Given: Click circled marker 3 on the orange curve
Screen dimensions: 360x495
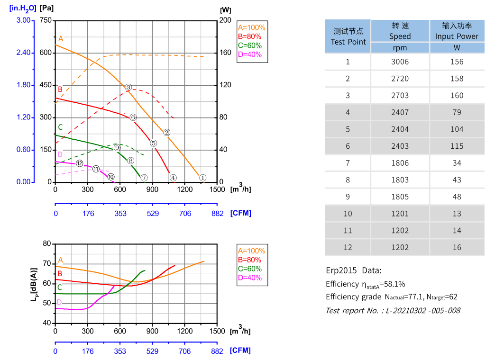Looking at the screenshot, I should pyautogui.click(x=128, y=87).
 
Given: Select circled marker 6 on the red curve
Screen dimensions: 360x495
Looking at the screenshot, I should pyautogui.click(x=133, y=117).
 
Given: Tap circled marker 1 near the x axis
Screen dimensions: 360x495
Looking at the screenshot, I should pyautogui.click(x=202, y=178).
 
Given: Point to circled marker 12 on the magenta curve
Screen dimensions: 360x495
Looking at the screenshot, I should pyautogui.click(x=80, y=163).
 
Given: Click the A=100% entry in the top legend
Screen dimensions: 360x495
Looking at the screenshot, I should pyautogui.click(x=251, y=27).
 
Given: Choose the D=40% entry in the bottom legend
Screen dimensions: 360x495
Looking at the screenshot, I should pyautogui.click(x=249, y=278).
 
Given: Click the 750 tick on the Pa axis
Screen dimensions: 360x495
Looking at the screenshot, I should pyautogui.click(x=46, y=20).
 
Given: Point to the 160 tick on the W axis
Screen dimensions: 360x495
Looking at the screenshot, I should pyautogui.click(x=225, y=53).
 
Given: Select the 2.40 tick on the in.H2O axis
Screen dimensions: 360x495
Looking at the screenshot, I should pyautogui.click(x=23, y=53).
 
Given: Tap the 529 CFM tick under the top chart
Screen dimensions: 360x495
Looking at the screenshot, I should pyautogui.click(x=153, y=214).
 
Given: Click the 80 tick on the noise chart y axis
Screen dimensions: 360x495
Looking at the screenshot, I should pyautogui.click(x=46, y=243).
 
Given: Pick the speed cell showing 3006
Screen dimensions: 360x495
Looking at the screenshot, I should pyautogui.click(x=400, y=62).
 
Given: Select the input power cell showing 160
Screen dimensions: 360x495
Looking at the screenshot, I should pyautogui.click(x=457, y=95).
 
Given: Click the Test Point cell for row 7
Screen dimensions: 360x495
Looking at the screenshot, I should pyautogui.click(x=348, y=163).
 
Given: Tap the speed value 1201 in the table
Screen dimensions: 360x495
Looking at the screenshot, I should pyautogui.click(x=400, y=214).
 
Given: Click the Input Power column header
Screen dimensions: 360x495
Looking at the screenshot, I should pyautogui.click(x=457, y=31).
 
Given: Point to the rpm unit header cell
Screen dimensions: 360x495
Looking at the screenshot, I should pyautogui.click(x=400, y=48).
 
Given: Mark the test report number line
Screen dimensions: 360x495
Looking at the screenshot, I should pyautogui.click(x=393, y=311).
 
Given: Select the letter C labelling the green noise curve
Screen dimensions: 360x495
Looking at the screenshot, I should pyautogui.click(x=59, y=287).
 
